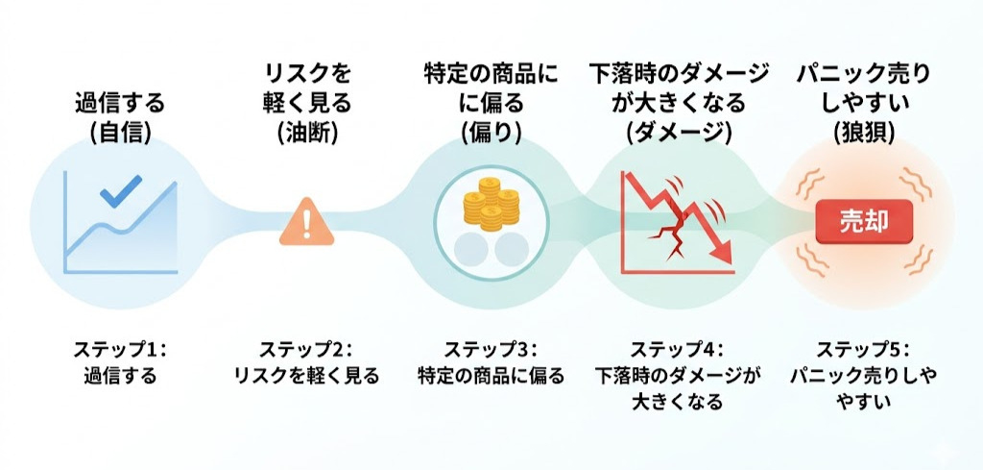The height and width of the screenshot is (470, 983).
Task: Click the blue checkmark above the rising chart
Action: (122, 190)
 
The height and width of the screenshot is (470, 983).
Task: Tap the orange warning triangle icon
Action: (306, 222)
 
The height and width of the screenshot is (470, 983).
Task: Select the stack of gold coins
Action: (491, 204)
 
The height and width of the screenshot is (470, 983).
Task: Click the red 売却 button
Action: (864, 221)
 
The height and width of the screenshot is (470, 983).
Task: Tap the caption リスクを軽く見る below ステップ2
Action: (306, 376)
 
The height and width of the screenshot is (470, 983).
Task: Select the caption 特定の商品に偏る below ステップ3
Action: (491, 376)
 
